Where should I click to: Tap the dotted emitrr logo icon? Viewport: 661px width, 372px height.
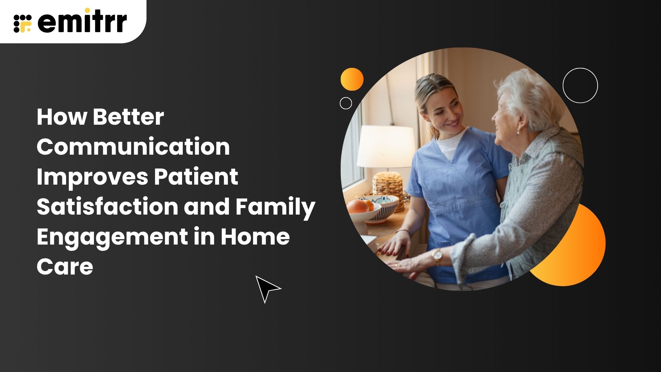click(23, 23)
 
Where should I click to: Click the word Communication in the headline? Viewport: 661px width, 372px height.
click(133, 147)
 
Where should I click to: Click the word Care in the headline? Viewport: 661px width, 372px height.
click(65, 267)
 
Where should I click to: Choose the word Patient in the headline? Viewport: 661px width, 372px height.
click(196, 176)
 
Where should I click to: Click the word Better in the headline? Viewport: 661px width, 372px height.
click(128, 117)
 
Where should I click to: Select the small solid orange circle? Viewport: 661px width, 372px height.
click(352, 79)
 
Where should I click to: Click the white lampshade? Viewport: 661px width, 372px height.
click(386, 146)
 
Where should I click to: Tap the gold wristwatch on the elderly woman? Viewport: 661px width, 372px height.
click(437, 256)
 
